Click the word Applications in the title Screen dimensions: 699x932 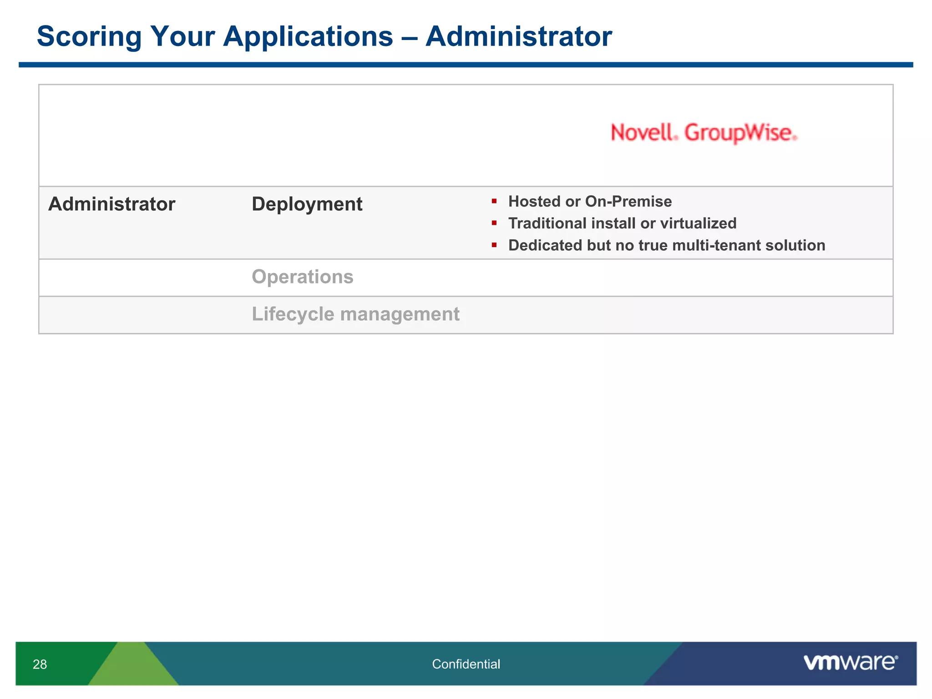308,36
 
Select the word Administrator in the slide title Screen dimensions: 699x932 518,36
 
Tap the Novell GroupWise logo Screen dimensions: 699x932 704,133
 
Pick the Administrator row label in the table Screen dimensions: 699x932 111,204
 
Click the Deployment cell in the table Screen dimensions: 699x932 307,204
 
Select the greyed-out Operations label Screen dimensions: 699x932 302,277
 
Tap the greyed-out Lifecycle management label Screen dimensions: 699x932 355,314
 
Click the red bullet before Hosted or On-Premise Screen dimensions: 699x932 494,201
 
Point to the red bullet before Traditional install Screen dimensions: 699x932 494,223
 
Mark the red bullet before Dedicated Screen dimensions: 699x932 494,245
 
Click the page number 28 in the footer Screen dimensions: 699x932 40,664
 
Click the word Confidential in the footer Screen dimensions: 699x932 466,664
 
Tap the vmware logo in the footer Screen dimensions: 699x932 850,663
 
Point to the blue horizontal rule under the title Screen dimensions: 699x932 466,65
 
